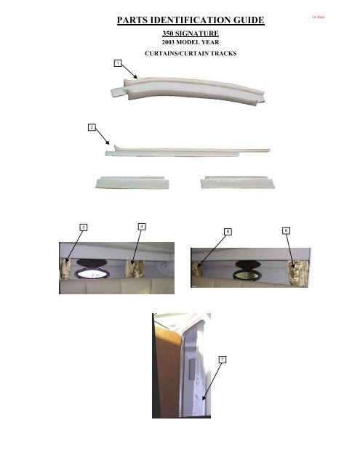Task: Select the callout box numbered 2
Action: click(91, 127)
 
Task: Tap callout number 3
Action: click(84, 227)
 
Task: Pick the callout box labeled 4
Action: click(141, 227)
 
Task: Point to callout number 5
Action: click(228, 231)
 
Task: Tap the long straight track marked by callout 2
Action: click(189, 150)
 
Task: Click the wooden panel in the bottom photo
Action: click(165, 371)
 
